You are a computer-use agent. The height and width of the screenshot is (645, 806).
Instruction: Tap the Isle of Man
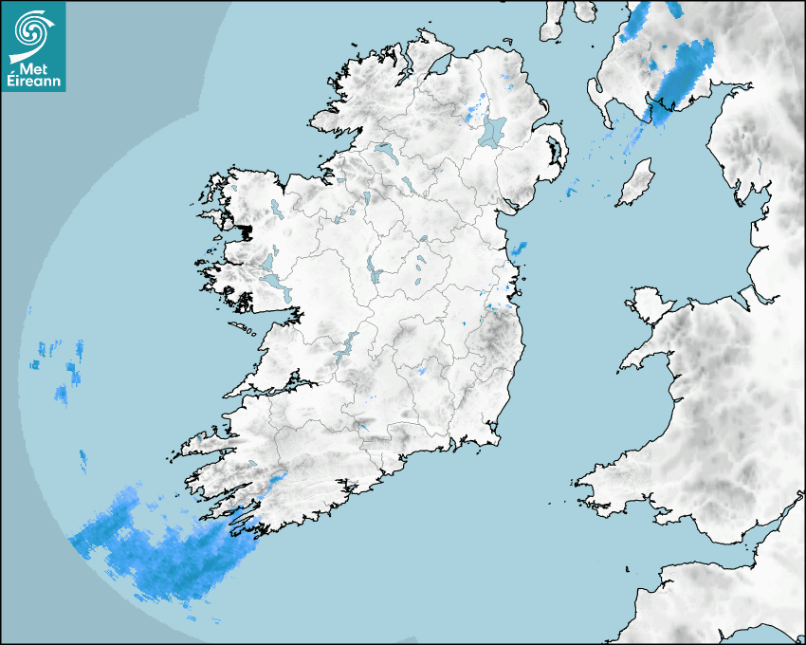click(636, 182)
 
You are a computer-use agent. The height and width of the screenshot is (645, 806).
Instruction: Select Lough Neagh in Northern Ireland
click(493, 130)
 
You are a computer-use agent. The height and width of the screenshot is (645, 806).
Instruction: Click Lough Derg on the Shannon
click(345, 346)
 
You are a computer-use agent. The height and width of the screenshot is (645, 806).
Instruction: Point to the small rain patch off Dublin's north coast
click(518, 250)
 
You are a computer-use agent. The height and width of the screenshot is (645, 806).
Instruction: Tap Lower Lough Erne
click(385, 151)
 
